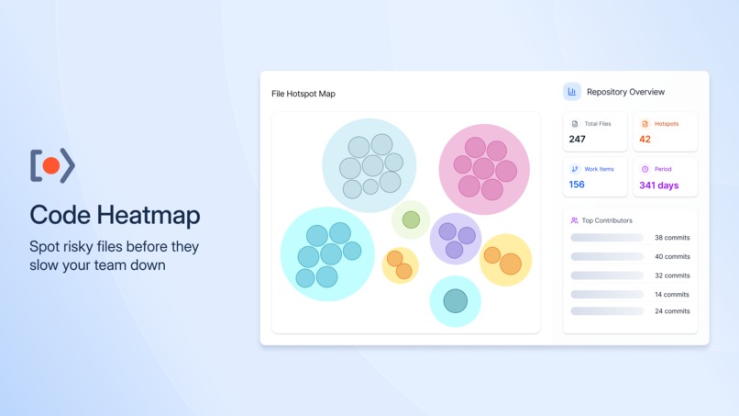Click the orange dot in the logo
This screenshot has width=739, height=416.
click(x=51, y=165)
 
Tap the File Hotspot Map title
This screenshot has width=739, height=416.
click(x=303, y=94)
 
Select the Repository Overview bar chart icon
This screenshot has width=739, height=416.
click(x=572, y=92)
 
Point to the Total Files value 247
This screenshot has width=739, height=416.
click(x=577, y=140)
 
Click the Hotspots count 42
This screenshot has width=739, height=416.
click(x=645, y=140)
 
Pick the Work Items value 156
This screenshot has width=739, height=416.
click(x=577, y=185)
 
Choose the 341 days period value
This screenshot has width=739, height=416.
click(x=658, y=186)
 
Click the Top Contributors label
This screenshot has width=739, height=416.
click(x=607, y=220)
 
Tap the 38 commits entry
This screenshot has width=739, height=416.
click(x=672, y=238)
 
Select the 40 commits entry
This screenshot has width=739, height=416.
click(x=672, y=257)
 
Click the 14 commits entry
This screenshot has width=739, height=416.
click(x=672, y=295)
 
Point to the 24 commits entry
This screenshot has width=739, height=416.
click(x=672, y=311)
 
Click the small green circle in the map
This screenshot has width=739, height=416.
click(x=411, y=219)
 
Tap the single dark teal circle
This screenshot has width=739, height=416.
click(x=456, y=300)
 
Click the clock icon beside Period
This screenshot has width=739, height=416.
click(x=645, y=169)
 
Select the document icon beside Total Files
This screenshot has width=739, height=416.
click(x=575, y=124)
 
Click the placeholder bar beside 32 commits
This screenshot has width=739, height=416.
click(x=607, y=275)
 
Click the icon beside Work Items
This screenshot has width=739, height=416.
click(x=575, y=169)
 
